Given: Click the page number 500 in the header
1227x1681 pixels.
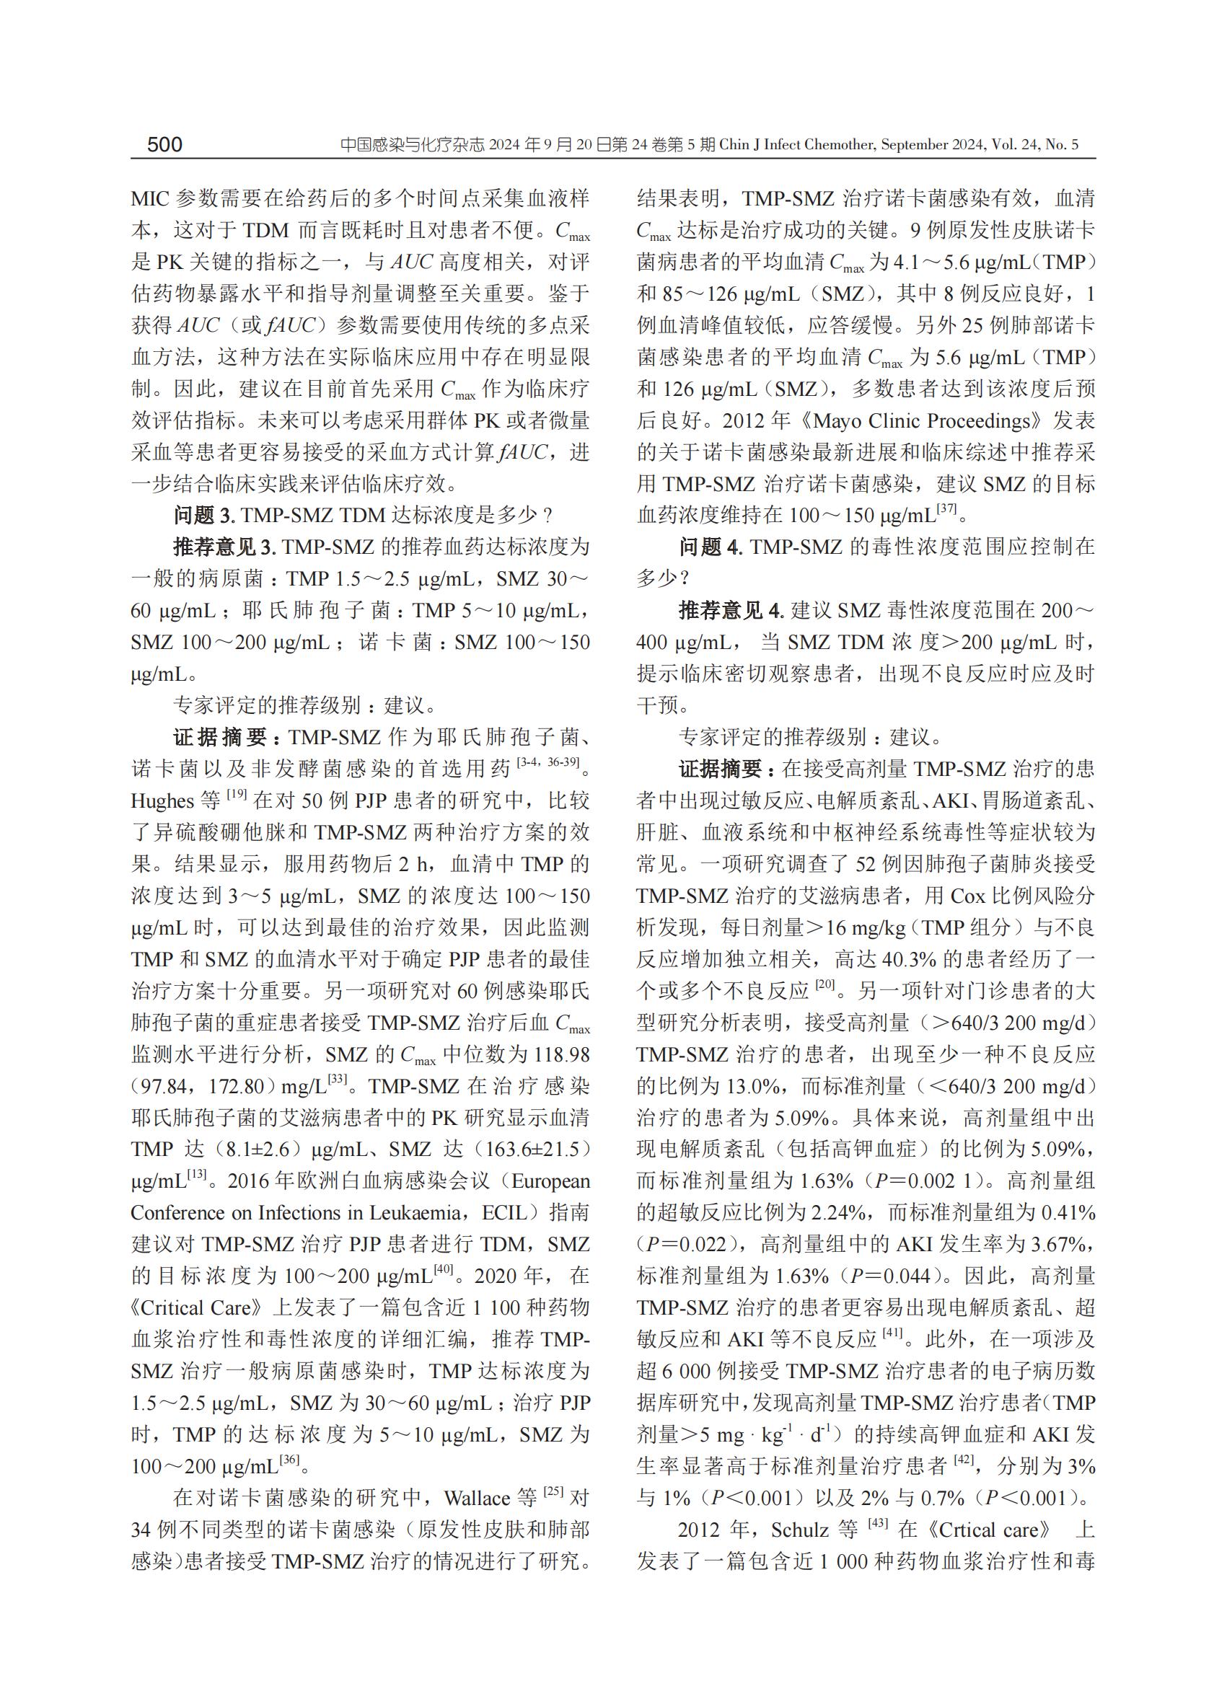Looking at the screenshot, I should [x=164, y=144].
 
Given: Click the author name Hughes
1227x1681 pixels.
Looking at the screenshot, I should [x=162, y=801].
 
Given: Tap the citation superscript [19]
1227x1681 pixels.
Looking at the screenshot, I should [x=236, y=795].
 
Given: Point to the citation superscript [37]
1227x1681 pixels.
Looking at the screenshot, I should [x=947, y=508].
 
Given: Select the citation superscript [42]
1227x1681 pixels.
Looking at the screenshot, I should [x=962, y=1460].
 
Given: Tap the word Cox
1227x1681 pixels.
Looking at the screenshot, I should [x=967, y=896].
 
